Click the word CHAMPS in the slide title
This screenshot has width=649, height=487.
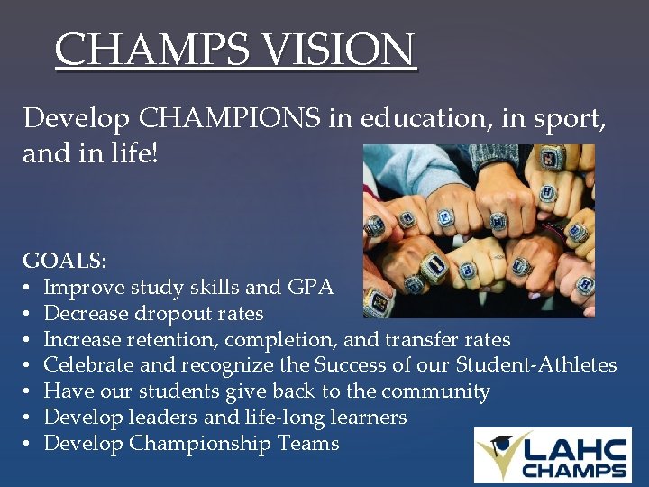click(x=150, y=51)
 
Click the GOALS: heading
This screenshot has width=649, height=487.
click(x=65, y=262)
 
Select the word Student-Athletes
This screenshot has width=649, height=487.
click(x=536, y=365)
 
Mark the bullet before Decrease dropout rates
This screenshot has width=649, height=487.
click(x=27, y=314)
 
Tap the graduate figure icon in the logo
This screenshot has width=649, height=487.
click(x=498, y=454)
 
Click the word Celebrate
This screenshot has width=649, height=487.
click(x=87, y=365)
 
